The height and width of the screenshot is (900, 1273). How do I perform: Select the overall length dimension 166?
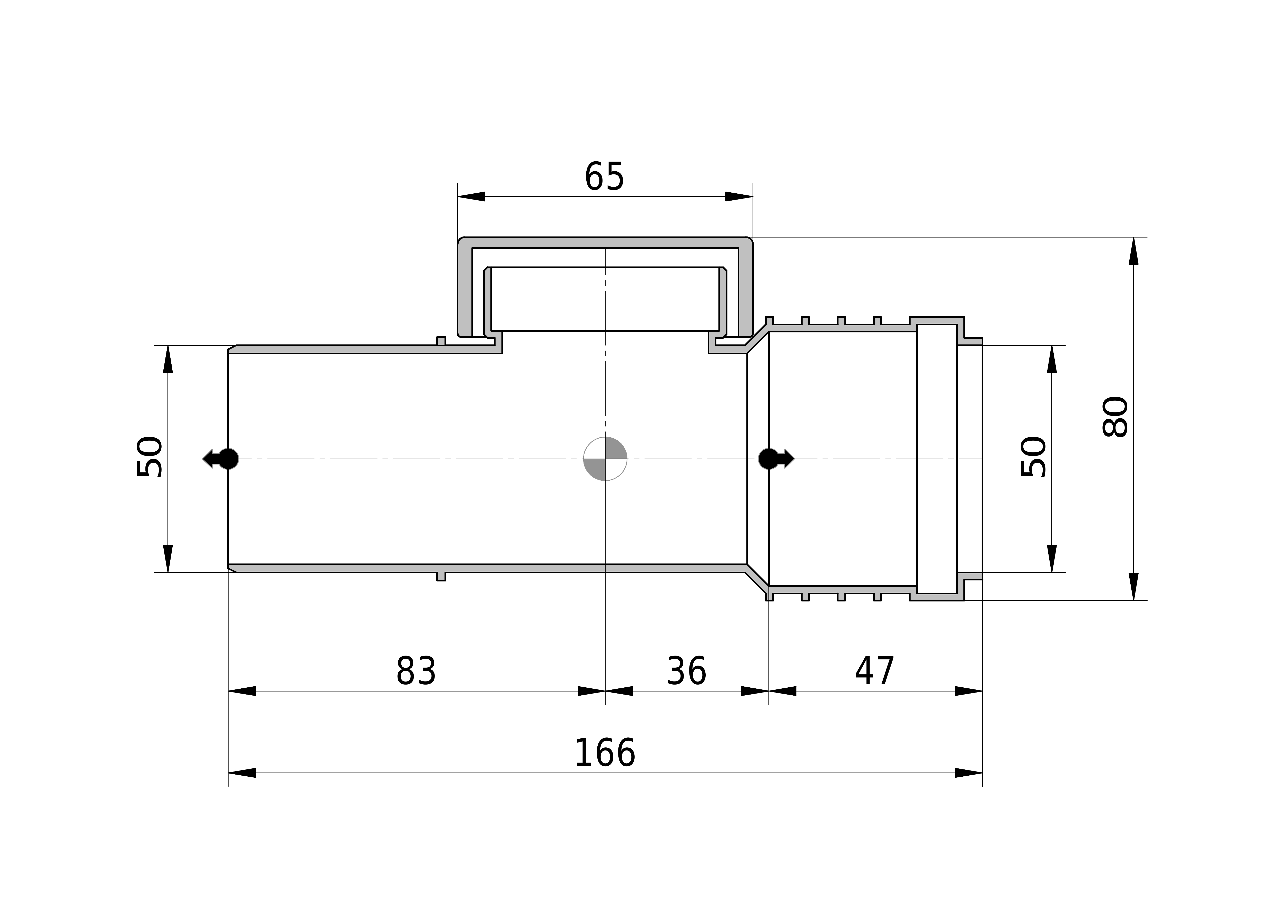click(x=605, y=754)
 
